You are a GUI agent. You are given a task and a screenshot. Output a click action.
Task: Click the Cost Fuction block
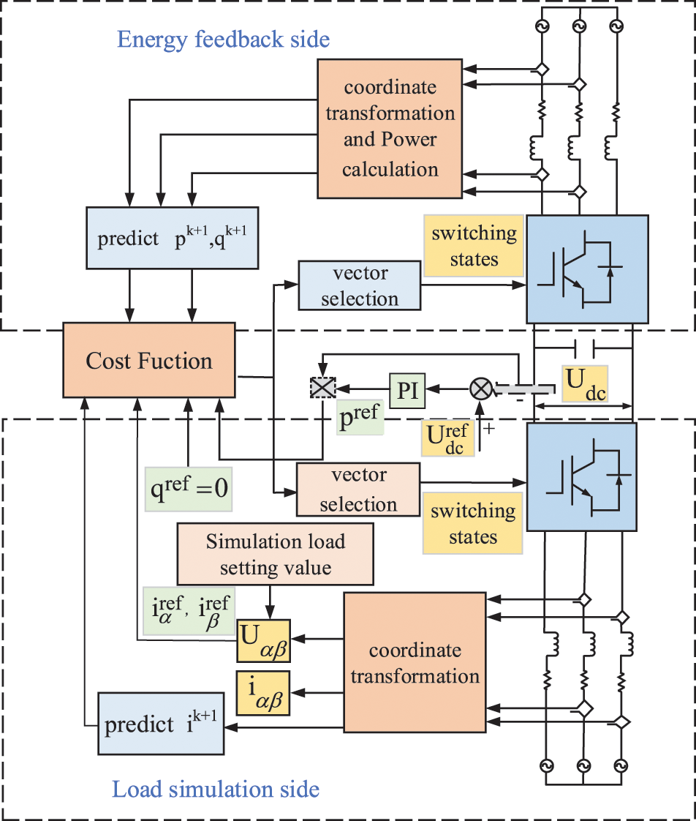[x=149, y=361]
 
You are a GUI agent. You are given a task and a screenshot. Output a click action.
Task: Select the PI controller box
[x=406, y=390]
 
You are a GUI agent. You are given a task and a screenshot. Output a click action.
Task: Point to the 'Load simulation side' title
[x=216, y=790]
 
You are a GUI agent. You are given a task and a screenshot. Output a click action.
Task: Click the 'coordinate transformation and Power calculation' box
[x=390, y=128]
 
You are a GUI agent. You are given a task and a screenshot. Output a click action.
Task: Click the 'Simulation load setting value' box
[x=275, y=555]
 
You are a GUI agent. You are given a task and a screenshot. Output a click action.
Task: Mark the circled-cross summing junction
[x=480, y=389]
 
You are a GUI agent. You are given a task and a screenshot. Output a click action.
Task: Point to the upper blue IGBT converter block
[x=587, y=269]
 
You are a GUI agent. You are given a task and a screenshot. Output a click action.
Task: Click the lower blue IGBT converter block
[x=587, y=477]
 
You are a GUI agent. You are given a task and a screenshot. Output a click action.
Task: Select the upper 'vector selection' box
[x=360, y=286]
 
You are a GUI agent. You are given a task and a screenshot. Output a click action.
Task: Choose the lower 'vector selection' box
[x=358, y=489]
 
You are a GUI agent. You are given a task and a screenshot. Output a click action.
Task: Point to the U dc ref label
[x=448, y=438]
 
